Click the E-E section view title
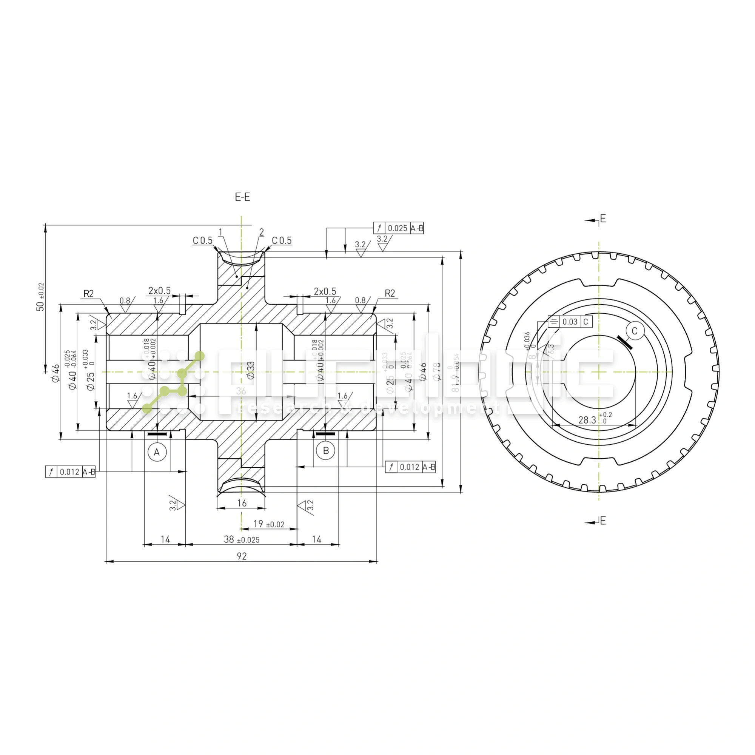tap(242, 197)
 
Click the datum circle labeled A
tap(157, 452)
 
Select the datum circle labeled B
tap(326, 451)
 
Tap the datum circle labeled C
tap(634, 331)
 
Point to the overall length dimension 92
tap(242, 556)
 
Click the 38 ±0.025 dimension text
tap(242, 540)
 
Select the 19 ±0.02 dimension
tap(269, 524)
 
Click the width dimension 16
tap(242, 503)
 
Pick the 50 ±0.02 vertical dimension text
tap(40, 297)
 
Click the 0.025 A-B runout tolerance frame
tap(398, 228)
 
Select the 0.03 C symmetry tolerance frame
tap(570, 322)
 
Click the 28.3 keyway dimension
tap(587, 420)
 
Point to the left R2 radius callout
tap(89, 294)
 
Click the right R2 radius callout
tap(390, 293)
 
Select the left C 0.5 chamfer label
tap(202, 241)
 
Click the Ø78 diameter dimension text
tap(437, 371)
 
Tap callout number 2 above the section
tap(262, 233)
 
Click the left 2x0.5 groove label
tap(159, 291)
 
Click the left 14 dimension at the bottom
tap(165, 540)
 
